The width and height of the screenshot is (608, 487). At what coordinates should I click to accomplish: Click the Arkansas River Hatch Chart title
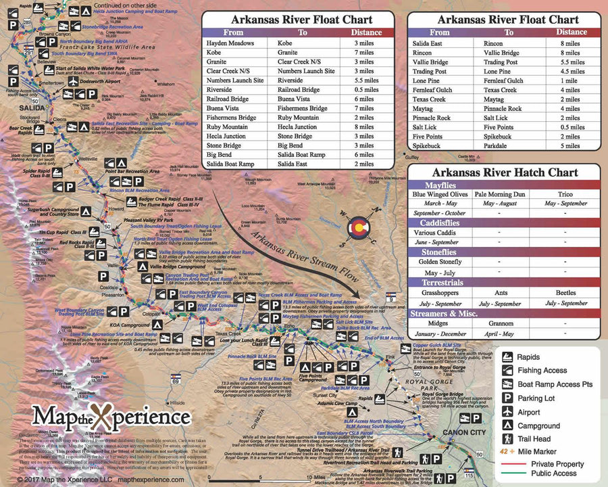pyautogui.click(x=506, y=172)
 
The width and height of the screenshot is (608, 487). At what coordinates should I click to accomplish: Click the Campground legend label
pyautogui.click(x=538, y=426)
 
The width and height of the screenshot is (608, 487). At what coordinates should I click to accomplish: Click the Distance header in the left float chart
pyautogui.click(x=365, y=32)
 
